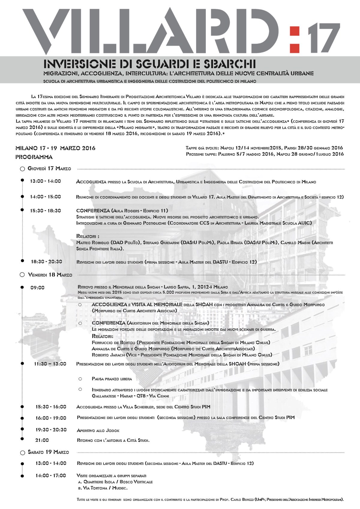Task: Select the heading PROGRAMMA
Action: click(34, 157)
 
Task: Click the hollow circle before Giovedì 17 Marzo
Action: click(22, 169)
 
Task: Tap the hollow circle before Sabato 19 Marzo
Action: click(22, 452)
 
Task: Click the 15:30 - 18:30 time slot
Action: click(46, 211)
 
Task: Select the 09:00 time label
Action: click(37, 288)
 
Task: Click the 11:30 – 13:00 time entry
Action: click(50, 364)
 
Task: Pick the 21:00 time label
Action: click(42, 440)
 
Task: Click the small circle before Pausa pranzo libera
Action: click(80, 379)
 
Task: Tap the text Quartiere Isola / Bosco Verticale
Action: click(118, 482)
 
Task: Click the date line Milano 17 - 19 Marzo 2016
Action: click(55, 148)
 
